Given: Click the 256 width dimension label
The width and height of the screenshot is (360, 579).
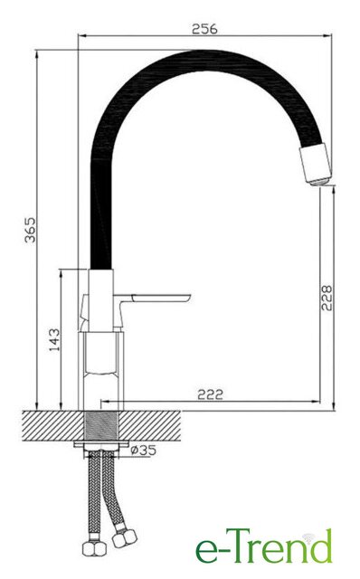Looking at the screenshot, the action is pyautogui.click(x=204, y=29).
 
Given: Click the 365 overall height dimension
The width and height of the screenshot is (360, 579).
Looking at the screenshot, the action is pyautogui.click(x=30, y=230).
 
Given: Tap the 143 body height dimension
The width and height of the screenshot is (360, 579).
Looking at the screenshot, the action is pyautogui.click(x=54, y=340).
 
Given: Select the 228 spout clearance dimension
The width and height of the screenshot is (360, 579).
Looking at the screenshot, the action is pyautogui.click(x=327, y=298).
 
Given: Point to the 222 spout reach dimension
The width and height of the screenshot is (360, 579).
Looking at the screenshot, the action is pyautogui.click(x=210, y=394).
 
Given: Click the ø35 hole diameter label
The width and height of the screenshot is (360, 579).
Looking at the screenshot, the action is pyautogui.click(x=144, y=451).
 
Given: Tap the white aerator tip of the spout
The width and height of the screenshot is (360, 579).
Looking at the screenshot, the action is pyautogui.click(x=316, y=165).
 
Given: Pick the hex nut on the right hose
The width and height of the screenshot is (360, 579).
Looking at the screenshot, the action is pyautogui.click(x=125, y=539).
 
